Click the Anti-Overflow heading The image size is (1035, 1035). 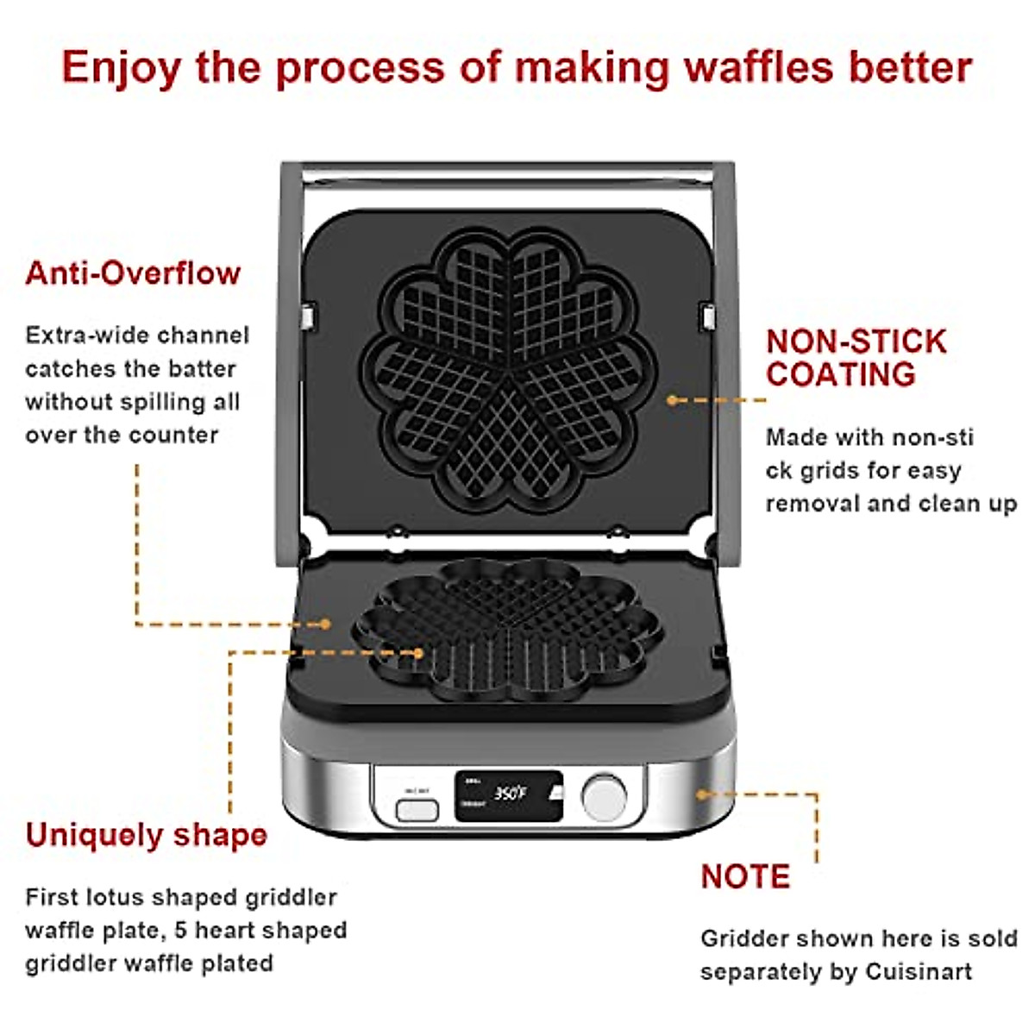click(x=133, y=273)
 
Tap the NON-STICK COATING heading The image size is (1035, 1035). click(x=856, y=358)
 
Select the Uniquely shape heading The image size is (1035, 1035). click(x=147, y=835)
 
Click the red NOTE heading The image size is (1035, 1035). click(x=745, y=876)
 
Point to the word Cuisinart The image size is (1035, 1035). click(x=919, y=972)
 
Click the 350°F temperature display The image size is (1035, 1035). click(x=509, y=793)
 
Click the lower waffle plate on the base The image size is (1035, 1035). click(x=509, y=625)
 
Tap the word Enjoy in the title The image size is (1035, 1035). click(x=121, y=67)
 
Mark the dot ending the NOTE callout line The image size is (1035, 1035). click(x=702, y=793)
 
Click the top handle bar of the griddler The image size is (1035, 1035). click(x=509, y=172)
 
